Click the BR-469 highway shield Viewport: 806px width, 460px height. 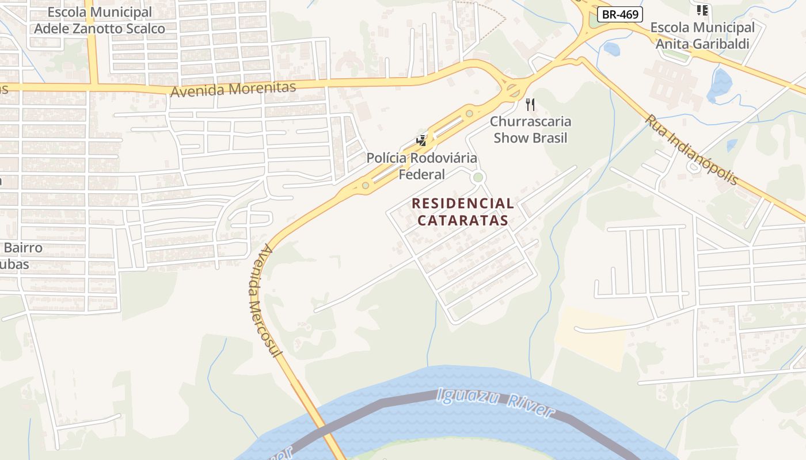pyautogui.click(x=619, y=14)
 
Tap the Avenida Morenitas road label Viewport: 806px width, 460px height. pyautogui.click(x=233, y=89)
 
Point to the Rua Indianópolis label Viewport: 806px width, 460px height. pyautogui.click(x=691, y=149)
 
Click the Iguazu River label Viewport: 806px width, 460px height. pyautogui.click(x=495, y=402)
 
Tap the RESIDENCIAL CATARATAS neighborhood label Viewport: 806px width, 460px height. pyautogui.click(x=463, y=212)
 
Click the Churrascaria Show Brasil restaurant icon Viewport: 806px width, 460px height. pyautogui.click(x=530, y=105)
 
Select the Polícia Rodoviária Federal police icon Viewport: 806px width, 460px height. pyautogui.click(x=422, y=140)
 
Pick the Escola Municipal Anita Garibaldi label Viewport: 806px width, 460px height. pyautogui.click(x=702, y=35)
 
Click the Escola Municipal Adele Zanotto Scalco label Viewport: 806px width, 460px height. pyautogui.click(x=100, y=21)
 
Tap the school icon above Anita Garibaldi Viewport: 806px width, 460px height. pyautogui.click(x=702, y=10)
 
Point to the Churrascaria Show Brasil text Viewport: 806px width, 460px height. pyautogui.click(x=530, y=129)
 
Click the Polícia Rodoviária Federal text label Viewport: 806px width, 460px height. pyautogui.click(x=422, y=166)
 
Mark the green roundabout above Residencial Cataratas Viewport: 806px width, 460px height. pyautogui.click(x=477, y=178)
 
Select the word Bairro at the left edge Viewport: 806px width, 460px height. pyautogui.click(x=23, y=248)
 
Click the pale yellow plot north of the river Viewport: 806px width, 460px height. pyautogui.click(x=591, y=336)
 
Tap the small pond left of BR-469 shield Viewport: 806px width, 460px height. pyautogui.click(x=611, y=49)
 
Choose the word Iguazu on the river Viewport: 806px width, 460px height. pyautogui.click(x=467, y=397)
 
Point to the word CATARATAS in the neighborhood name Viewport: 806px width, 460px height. pyautogui.click(x=463, y=220)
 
